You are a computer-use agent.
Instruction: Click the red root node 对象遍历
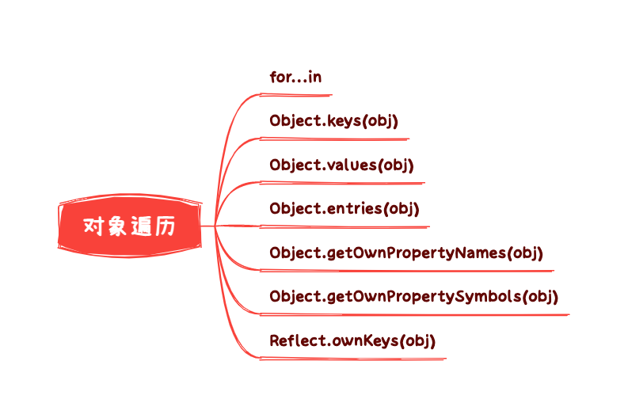point(129,226)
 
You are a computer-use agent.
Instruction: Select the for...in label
point(295,77)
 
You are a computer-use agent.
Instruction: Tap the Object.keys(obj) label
point(333,121)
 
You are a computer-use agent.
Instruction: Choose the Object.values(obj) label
point(341,165)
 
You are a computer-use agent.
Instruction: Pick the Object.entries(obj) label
point(344,209)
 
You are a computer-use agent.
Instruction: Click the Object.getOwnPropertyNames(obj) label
point(405,253)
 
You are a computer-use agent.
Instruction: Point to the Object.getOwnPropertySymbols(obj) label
point(413,297)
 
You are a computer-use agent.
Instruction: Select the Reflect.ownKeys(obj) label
point(352,341)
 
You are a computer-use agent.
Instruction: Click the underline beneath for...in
point(297,95)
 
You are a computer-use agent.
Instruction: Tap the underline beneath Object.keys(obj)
point(337,139)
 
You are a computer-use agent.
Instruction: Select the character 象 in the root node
point(117,226)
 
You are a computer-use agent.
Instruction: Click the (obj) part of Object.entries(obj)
point(402,209)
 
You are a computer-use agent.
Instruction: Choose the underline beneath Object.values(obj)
point(344,183)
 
